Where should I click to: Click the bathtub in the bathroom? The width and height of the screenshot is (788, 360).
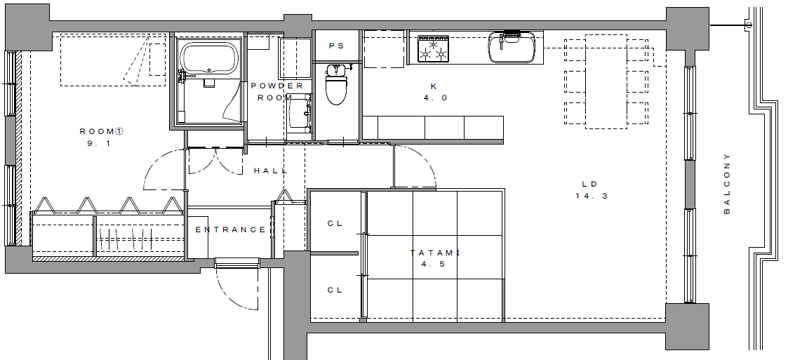pos(209,58)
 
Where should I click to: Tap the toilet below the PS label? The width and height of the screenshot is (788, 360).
pos(336,84)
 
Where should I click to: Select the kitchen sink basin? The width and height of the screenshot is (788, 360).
pos(512,47)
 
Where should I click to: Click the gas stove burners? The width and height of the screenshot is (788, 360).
pos(434,49)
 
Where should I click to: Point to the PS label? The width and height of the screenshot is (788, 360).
pos(337,46)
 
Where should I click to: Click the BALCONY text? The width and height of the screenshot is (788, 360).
pos(727,184)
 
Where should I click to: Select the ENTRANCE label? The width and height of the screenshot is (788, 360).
pos(230,229)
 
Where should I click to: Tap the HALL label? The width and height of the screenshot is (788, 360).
pos(271,171)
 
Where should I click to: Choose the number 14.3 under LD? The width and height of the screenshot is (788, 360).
pos(592,196)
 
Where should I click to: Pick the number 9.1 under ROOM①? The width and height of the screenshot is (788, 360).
pos(98,143)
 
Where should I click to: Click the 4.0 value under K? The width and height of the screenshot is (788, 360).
pos(435,98)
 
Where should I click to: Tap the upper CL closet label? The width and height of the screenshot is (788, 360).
pos(335,224)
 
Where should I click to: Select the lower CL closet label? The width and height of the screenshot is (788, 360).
pos(335,290)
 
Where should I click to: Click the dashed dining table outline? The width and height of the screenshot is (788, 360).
pos(606,81)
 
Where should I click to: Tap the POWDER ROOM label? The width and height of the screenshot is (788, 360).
pos(277,91)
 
